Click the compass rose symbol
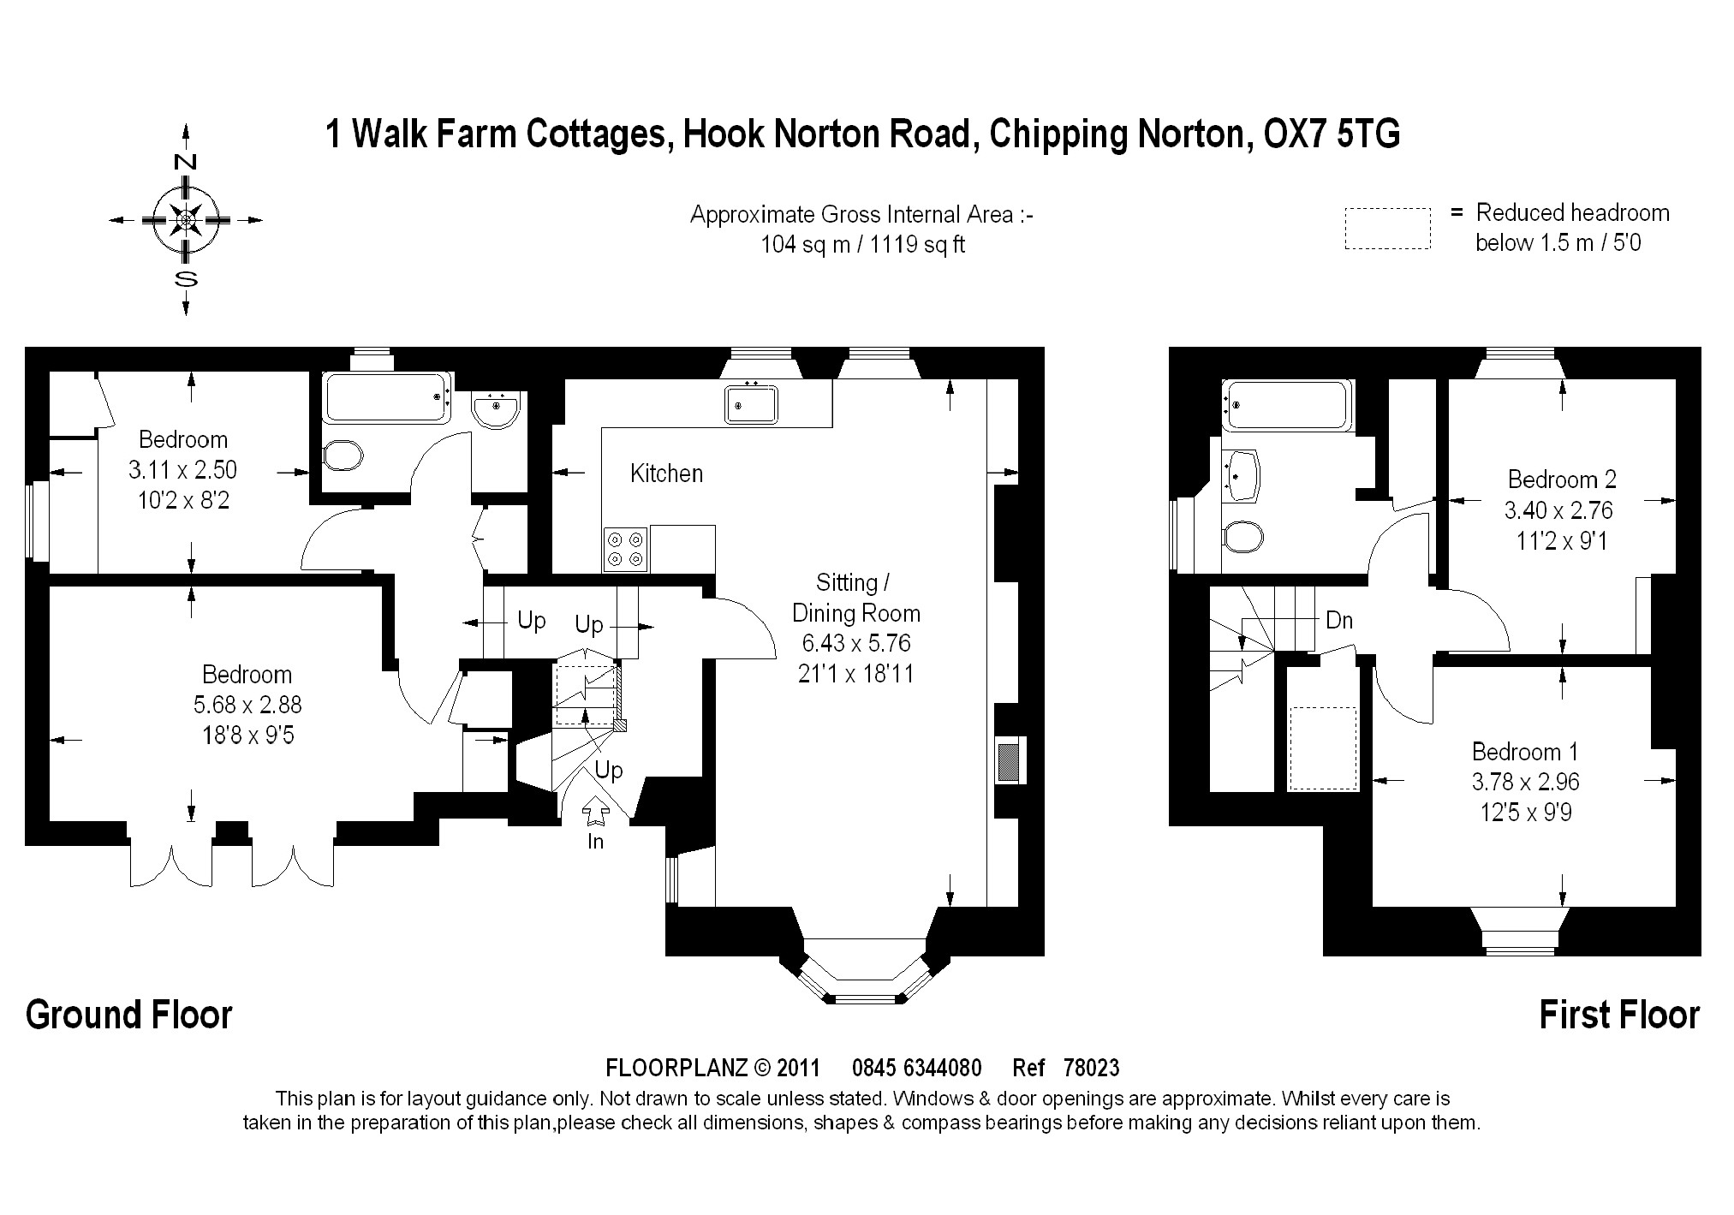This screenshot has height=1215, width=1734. click(186, 220)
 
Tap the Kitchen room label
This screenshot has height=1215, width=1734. click(666, 473)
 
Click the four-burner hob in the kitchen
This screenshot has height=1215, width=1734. click(626, 549)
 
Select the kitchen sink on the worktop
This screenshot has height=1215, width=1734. click(751, 403)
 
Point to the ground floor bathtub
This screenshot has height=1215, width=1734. click(388, 396)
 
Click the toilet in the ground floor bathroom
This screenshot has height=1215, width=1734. click(343, 456)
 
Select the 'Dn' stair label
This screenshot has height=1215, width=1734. click(1339, 620)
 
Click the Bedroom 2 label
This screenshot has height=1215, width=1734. click(1562, 479)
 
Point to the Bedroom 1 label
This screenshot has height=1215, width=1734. click(1525, 752)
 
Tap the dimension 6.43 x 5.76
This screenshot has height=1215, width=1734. click(856, 643)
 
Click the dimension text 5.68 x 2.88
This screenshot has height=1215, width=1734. click(247, 705)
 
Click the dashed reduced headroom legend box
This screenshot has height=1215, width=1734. click(1387, 228)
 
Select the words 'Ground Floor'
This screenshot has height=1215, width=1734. click(129, 1015)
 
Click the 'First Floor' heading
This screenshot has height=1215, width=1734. click(1619, 1015)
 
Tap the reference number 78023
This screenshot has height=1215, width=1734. click(1091, 1069)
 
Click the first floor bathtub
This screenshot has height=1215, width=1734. click(1287, 405)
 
